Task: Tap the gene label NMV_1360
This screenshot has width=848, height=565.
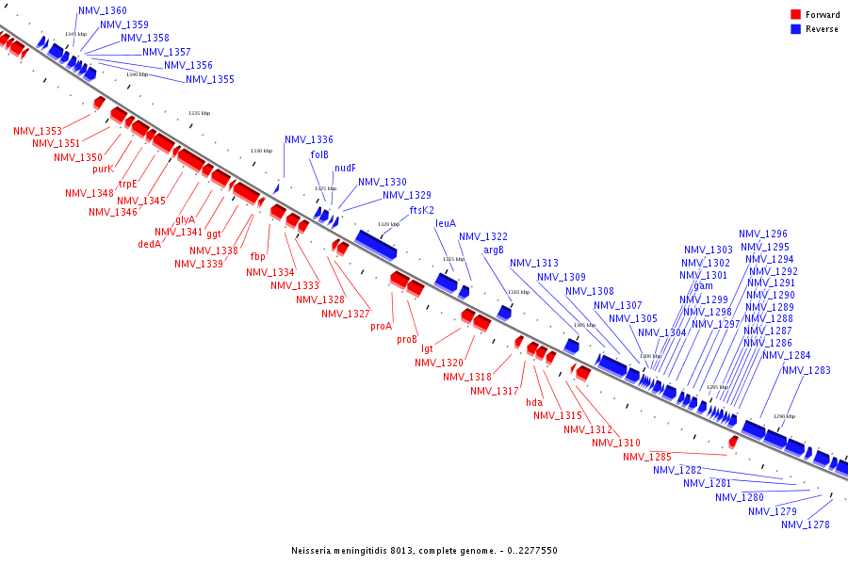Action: pos(102,10)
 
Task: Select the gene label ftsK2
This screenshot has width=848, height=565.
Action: pos(422,210)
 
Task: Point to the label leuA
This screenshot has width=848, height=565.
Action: pos(446,224)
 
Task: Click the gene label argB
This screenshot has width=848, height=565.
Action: pos(494,250)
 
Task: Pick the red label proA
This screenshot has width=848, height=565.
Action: pos(381,326)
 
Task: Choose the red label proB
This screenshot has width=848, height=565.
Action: pos(407,339)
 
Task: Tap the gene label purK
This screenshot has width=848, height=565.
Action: pos(103,169)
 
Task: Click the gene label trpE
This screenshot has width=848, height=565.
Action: pos(127,184)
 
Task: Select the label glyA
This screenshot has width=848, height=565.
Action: pos(185,219)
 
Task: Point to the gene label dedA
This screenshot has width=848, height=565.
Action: pos(149,243)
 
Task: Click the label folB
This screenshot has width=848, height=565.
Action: pos(319,154)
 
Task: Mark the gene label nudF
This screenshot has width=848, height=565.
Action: pos(345,168)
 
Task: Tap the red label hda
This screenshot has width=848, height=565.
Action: pos(534,402)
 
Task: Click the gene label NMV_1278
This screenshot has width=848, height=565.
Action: pos(806,525)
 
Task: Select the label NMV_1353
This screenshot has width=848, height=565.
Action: pos(38,131)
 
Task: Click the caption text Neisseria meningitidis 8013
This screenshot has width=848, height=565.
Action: pos(358,550)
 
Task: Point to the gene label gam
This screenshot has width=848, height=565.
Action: pos(703,286)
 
